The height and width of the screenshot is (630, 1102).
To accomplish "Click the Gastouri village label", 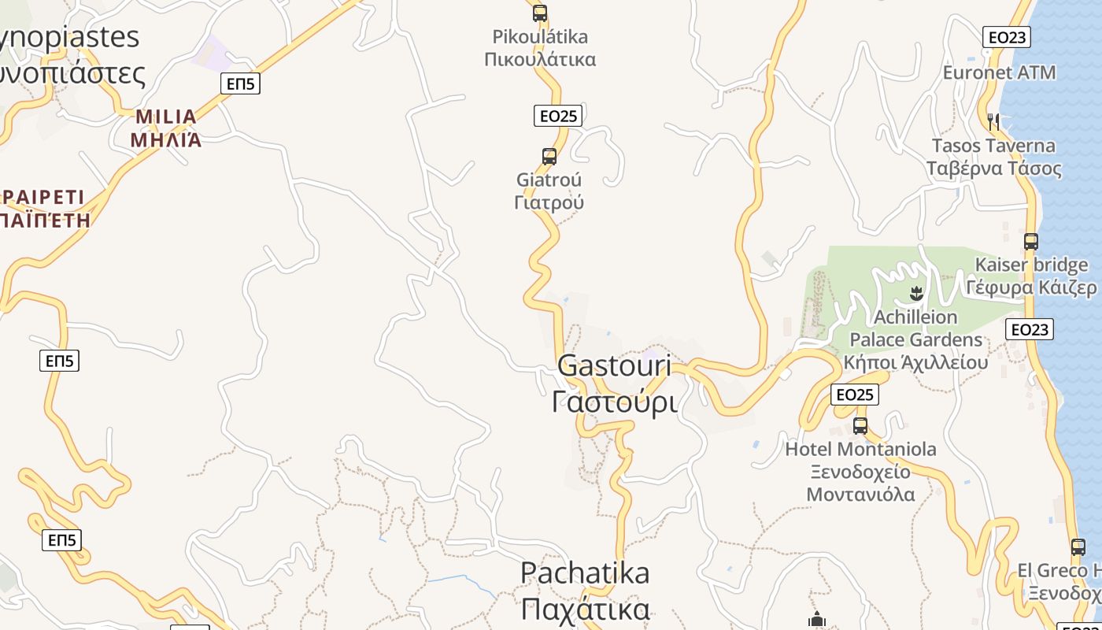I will (614, 384).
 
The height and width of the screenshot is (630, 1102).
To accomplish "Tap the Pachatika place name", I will (585, 591).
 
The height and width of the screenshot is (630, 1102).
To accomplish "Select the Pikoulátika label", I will (540, 47).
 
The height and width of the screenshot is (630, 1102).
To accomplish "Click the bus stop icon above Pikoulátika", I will (539, 13).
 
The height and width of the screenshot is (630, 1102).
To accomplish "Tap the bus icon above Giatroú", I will (549, 156).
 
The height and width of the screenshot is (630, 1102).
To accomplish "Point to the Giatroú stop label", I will (549, 191).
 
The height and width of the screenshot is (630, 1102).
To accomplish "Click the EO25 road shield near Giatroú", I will (557, 116).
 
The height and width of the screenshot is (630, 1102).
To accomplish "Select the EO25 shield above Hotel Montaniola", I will (854, 395).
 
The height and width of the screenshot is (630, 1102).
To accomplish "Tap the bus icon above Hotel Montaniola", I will (860, 426).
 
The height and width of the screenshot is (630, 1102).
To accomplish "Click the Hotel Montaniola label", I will (860, 472).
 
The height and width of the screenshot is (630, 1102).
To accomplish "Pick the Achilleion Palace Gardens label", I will (915, 339).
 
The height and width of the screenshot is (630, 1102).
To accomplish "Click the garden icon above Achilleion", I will (915, 295).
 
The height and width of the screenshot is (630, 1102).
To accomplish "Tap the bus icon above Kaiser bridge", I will (1030, 242).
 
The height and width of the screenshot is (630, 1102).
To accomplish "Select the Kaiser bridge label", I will (1031, 276).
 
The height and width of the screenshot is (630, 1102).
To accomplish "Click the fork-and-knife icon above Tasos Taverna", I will (993, 121).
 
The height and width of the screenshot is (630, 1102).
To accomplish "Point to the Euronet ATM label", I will (999, 72).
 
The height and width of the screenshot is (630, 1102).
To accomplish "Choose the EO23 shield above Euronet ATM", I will (1007, 37).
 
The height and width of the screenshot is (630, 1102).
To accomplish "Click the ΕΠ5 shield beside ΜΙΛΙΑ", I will (240, 83).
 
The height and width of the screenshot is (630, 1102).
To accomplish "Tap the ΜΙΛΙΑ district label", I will (165, 128).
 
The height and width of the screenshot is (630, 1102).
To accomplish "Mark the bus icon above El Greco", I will (1078, 547).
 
